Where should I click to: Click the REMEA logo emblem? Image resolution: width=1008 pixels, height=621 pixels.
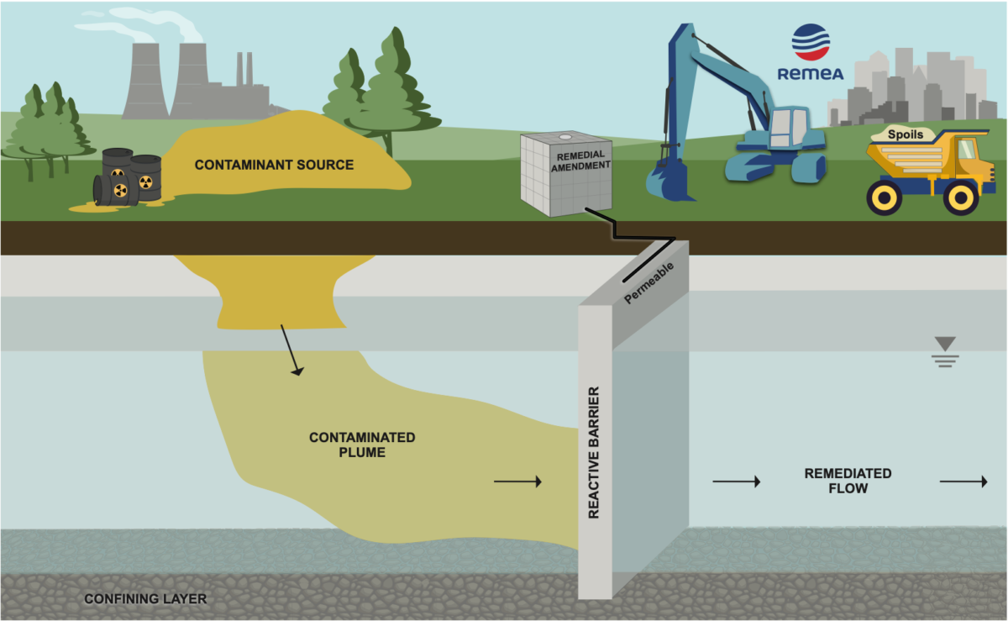tap(811, 42)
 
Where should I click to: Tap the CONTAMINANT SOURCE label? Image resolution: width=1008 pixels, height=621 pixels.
tap(274, 165)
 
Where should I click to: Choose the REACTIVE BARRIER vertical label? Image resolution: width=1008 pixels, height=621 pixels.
tap(594, 452)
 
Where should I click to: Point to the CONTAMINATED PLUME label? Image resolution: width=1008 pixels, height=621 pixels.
tap(362, 445)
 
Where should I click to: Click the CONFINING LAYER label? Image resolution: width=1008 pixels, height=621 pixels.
tap(145, 599)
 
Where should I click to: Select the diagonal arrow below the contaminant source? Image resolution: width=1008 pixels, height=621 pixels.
tap(291, 350)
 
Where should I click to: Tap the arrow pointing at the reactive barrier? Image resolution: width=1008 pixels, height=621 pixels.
tap(517, 482)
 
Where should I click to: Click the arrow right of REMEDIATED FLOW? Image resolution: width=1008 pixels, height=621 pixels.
tap(963, 482)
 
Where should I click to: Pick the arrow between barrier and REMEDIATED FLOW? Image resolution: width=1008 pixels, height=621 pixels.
tap(736, 482)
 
